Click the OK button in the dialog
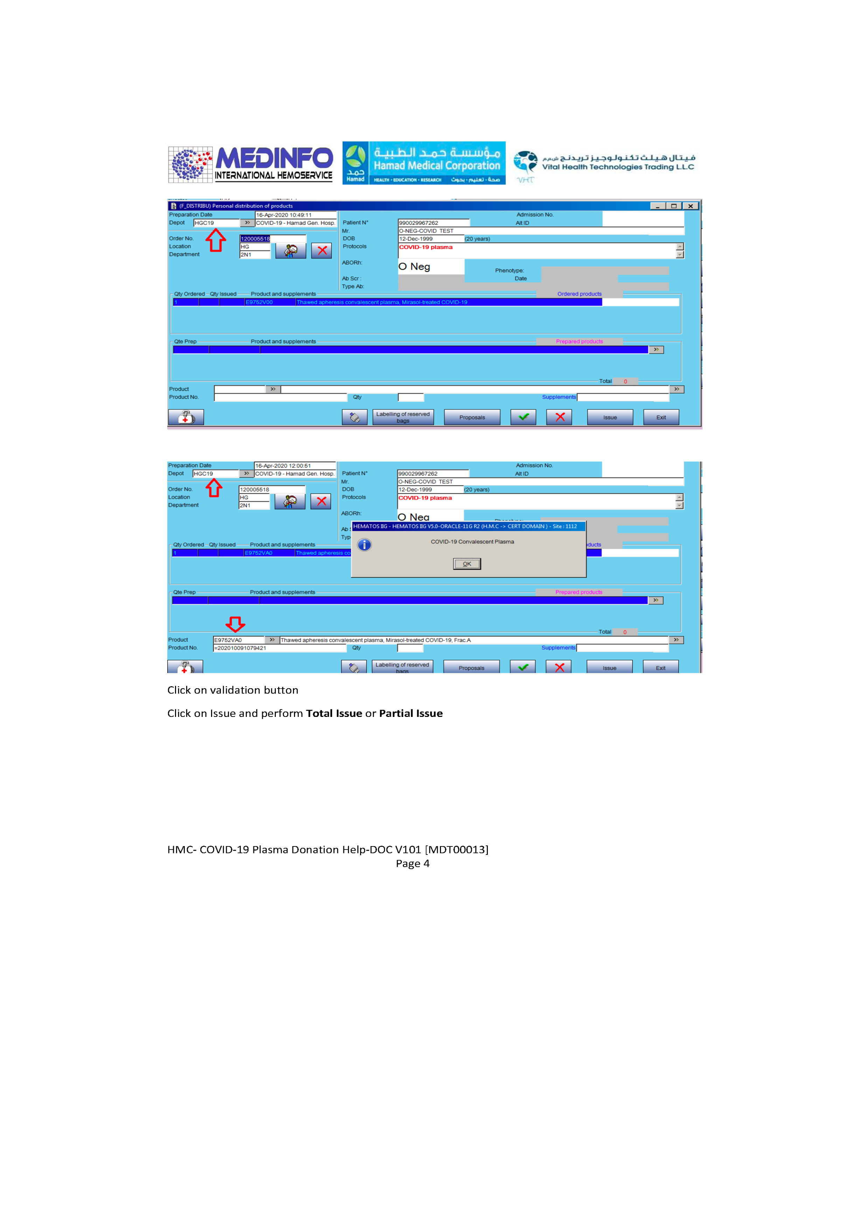click(466, 564)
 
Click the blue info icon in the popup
click(364, 545)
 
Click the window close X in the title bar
click(691, 206)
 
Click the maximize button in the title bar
click(674, 206)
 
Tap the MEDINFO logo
click(250, 164)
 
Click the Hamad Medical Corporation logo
click(423, 163)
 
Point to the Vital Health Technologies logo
click(604, 165)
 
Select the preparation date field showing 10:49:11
click(295, 215)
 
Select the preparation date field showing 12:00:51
click(294, 466)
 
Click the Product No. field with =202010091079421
click(279, 648)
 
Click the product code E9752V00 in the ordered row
click(259, 302)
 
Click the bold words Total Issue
click(334, 713)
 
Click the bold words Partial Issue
click(411, 713)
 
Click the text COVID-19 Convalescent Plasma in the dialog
click(472, 542)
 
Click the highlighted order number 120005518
click(255, 238)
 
